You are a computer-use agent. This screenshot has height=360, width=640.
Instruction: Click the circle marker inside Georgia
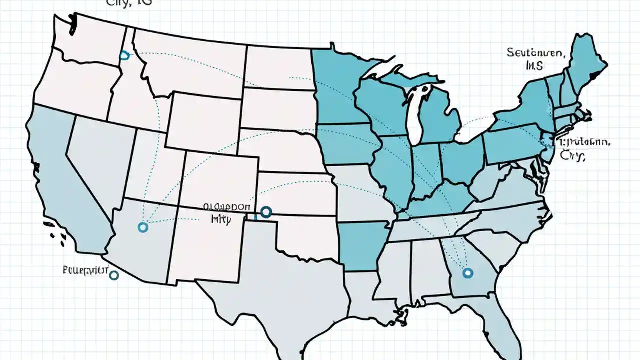(468, 273)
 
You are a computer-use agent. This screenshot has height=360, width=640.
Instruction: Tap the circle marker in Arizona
(143, 227)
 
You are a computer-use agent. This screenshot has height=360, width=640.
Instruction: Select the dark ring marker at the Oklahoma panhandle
(265, 212)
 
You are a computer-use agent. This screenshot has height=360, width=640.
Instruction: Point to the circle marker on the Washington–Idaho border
(123, 56)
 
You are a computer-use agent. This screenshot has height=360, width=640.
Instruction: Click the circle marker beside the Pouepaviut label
(114, 275)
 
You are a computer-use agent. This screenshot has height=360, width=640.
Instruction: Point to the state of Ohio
(462, 160)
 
